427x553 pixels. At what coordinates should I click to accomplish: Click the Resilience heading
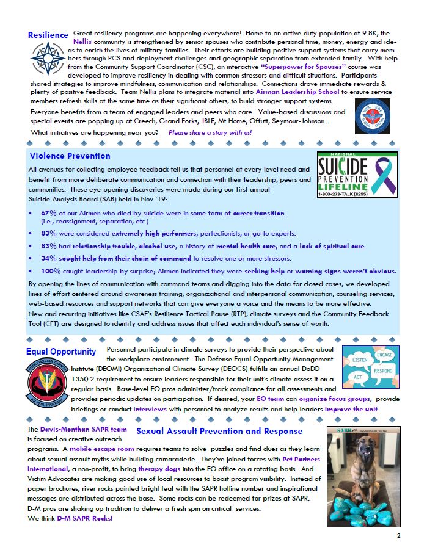click(48, 35)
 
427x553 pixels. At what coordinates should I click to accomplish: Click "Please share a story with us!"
click(210, 132)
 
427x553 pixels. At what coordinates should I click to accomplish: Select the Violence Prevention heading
click(70, 156)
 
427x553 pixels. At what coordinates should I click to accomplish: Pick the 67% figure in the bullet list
click(49, 213)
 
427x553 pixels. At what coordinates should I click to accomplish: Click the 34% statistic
click(49, 259)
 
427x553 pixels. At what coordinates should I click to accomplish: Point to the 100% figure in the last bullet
click(51, 271)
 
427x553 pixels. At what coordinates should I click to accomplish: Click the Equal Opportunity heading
click(61, 352)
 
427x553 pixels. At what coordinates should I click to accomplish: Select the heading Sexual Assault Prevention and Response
click(219, 432)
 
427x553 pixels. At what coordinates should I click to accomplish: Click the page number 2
click(398, 536)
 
